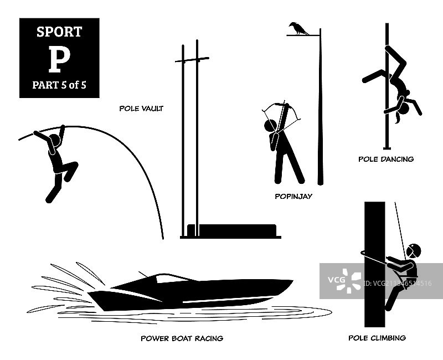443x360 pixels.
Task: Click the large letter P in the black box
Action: pyautogui.click(x=59, y=59)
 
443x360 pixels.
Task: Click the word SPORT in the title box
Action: pyautogui.click(x=59, y=32)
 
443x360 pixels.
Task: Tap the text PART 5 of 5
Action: pyautogui.click(x=59, y=85)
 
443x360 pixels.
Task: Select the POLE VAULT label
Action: pyautogui.click(x=141, y=109)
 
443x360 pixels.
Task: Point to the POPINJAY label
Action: pyautogui.click(x=293, y=196)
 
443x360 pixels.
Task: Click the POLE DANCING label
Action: pyautogui.click(x=386, y=159)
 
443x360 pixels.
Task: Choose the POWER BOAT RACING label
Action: pyautogui.click(x=182, y=338)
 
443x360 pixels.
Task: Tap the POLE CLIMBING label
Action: pyautogui.click(x=377, y=338)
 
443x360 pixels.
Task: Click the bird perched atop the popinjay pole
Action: pyautogui.click(x=298, y=28)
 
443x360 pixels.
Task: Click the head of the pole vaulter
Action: pyautogui.click(x=54, y=141)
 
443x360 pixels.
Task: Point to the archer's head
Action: pyautogui.click(x=270, y=126)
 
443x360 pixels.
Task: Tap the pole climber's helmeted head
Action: pyautogui.click(x=413, y=251)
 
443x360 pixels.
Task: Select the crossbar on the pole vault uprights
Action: pyautogui.click(x=192, y=60)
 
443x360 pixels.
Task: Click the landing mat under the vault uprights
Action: pyautogui.click(x=231, y=230)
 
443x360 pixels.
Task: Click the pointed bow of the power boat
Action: pyautogui.click(x=291, y=281)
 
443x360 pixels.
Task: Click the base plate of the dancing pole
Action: pyautogui.click(x=387, y=148)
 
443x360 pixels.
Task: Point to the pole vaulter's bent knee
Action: pyautogui.click(x=74, y=164)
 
